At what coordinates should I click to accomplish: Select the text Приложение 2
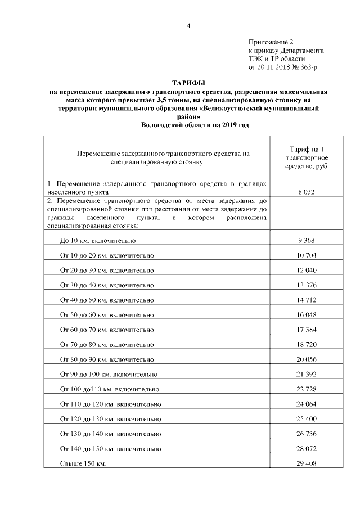(x=271, y=42)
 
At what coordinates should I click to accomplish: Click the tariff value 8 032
(x=306, y=192)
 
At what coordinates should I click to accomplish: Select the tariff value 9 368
(x=306, y=240)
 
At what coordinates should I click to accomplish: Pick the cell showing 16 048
(x=306, y=313)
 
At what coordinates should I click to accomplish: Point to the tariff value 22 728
(x=306, y=388)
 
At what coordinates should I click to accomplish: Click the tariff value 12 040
(x=306, y=269)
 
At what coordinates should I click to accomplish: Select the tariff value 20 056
(x=306, y=358)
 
